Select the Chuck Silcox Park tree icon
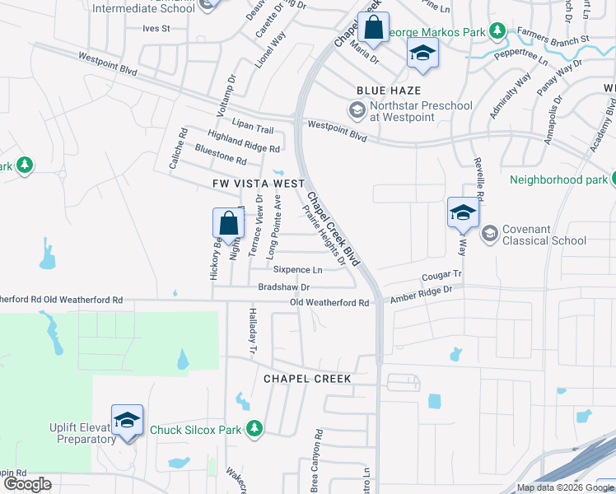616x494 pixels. point(254,428)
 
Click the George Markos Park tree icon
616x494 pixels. point(497,31)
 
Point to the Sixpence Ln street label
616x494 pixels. point(297,269)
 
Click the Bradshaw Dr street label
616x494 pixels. point(283,287)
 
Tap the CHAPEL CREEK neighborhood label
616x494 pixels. point(307,379)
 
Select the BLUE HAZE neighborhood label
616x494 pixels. point(389,91)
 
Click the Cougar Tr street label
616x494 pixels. point(442,277)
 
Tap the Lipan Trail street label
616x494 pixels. point(253,129)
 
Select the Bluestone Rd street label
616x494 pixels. point(221,154)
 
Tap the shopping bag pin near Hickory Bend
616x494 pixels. point(228,224)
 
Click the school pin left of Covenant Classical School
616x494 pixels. point(463,213)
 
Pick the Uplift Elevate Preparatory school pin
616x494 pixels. point(128,420)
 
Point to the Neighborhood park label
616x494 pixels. point(558,179)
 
